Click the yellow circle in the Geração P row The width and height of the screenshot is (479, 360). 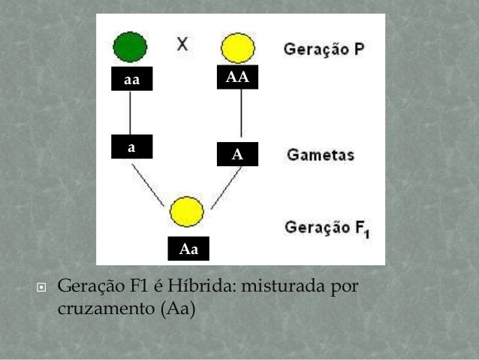239,48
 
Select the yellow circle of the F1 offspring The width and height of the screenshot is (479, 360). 187,211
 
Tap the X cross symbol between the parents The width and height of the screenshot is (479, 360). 182,43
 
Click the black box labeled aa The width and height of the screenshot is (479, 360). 131,79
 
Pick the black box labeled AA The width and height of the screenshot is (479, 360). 237,77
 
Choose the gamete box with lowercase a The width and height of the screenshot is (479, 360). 131,147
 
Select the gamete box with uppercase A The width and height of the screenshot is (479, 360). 237,155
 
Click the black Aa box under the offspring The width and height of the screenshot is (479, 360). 188,249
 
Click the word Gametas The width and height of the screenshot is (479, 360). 321,156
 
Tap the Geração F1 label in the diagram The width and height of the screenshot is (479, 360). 324,226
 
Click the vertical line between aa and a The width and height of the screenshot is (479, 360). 131,113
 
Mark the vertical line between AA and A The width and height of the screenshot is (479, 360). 241,115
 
